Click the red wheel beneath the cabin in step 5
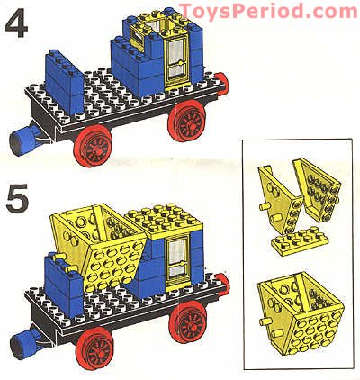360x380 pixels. pos(191,324)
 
